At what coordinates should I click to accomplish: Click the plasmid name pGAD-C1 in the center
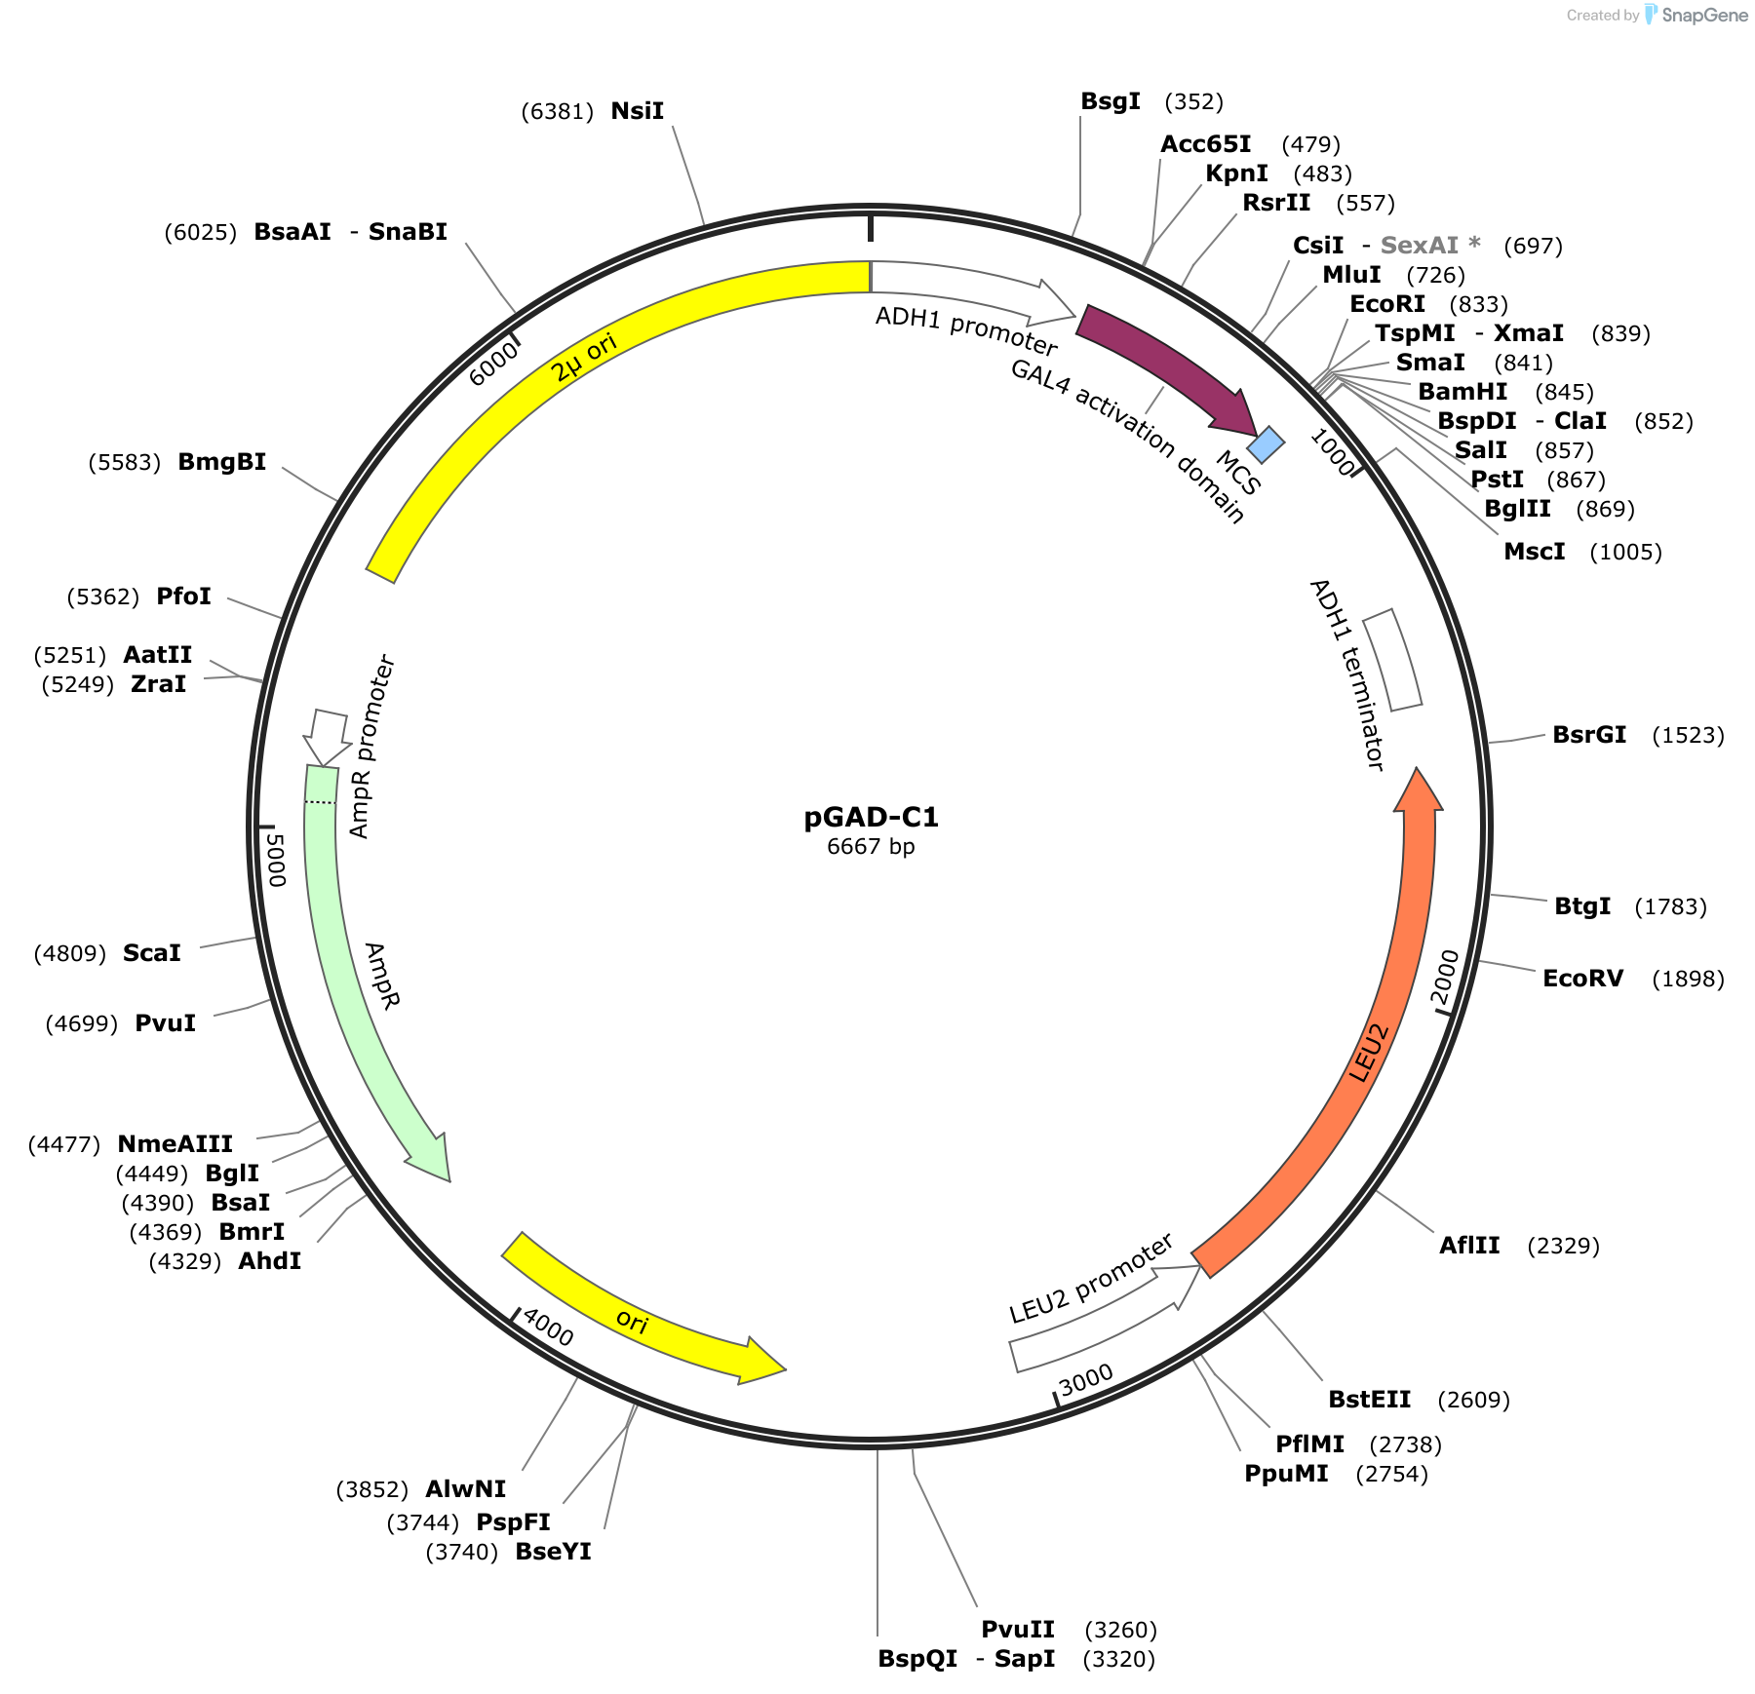(871, 817)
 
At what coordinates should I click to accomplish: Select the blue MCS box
(1266, 444)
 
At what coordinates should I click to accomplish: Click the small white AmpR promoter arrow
(327, 737)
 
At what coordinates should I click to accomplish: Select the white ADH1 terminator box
(1392, 660)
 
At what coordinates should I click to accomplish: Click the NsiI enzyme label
(638, 111)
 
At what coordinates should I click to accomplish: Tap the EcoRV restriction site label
(1583, 979)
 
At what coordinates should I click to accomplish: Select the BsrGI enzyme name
(1589, 735)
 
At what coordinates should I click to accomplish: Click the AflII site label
(1469, 1246)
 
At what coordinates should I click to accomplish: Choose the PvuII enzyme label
(1018, 1630)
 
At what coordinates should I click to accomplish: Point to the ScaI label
(152, 953)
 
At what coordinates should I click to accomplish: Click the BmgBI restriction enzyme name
(222, 462)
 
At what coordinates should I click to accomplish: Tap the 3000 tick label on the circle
(1086, 1379)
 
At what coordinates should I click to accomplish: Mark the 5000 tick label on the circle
(276, 860)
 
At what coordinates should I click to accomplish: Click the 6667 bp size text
(871, 846)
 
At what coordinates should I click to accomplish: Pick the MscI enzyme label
(1535, 552)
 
